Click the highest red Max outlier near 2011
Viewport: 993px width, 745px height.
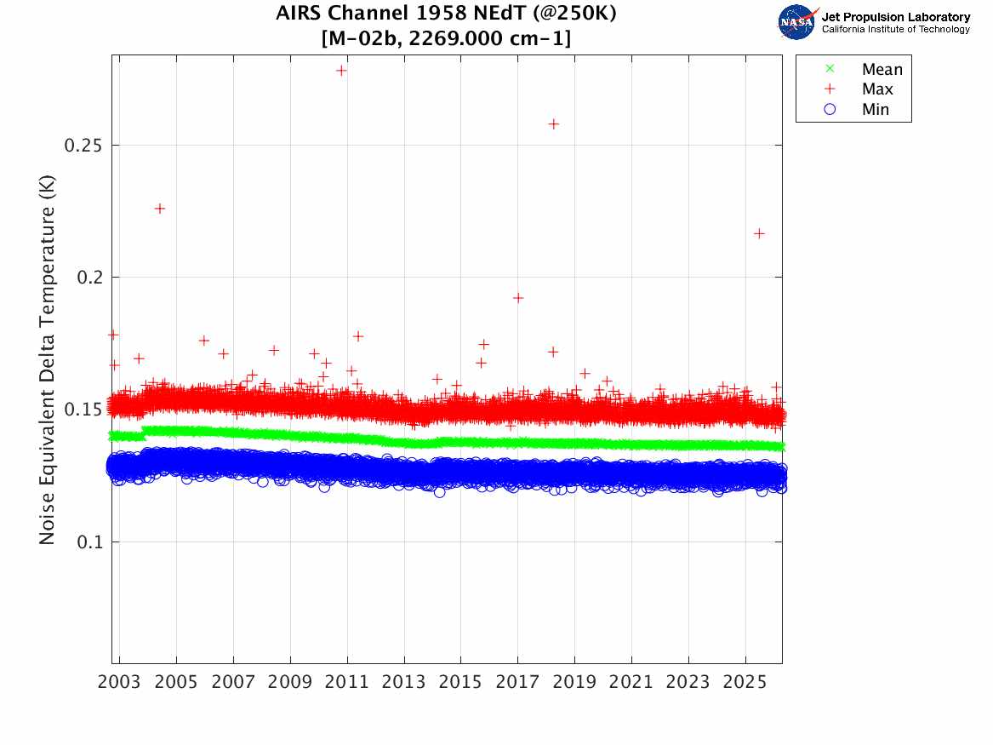coord(341,70)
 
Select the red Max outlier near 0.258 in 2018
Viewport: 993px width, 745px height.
coord(553,123)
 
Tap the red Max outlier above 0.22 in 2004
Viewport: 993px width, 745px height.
coord(159,208)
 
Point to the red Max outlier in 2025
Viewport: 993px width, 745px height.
coord(759,233)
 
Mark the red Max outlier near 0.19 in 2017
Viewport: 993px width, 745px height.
coord(517,297)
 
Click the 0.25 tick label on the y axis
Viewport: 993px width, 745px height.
coord(83,145)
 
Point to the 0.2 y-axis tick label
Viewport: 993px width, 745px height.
coord(88,278)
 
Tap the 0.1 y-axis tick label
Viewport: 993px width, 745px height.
coord(88,542)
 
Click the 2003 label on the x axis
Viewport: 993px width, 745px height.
coord(120,683)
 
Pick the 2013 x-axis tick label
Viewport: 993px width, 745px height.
coord(404,683)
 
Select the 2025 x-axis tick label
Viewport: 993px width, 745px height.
coord(745,683)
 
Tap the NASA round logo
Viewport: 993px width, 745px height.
coord(797,22)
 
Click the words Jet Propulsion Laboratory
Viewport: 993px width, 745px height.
coord(896,17)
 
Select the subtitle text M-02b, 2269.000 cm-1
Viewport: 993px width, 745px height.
coord(447,38)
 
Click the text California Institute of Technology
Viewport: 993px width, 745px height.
coord(896,30)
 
